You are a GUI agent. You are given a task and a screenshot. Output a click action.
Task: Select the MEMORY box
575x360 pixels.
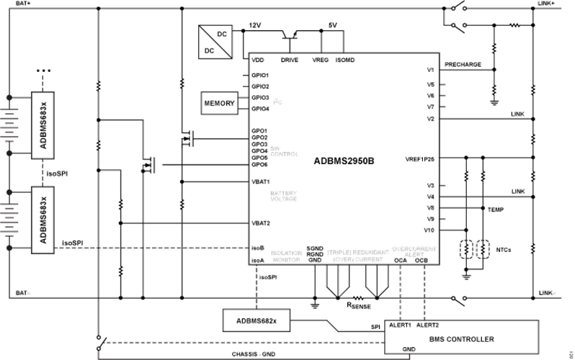click(220, 103)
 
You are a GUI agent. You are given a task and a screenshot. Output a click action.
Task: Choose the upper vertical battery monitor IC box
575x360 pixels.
click(45, 125)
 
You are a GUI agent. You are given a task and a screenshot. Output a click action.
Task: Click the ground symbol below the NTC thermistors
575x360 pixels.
click(466, 274)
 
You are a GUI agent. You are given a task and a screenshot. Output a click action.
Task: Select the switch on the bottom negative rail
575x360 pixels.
click(455, 297)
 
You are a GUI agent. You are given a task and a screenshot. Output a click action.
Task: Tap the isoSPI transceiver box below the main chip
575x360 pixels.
click(256, 319)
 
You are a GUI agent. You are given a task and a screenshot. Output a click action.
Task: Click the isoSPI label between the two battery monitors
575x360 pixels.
click(56, 174)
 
